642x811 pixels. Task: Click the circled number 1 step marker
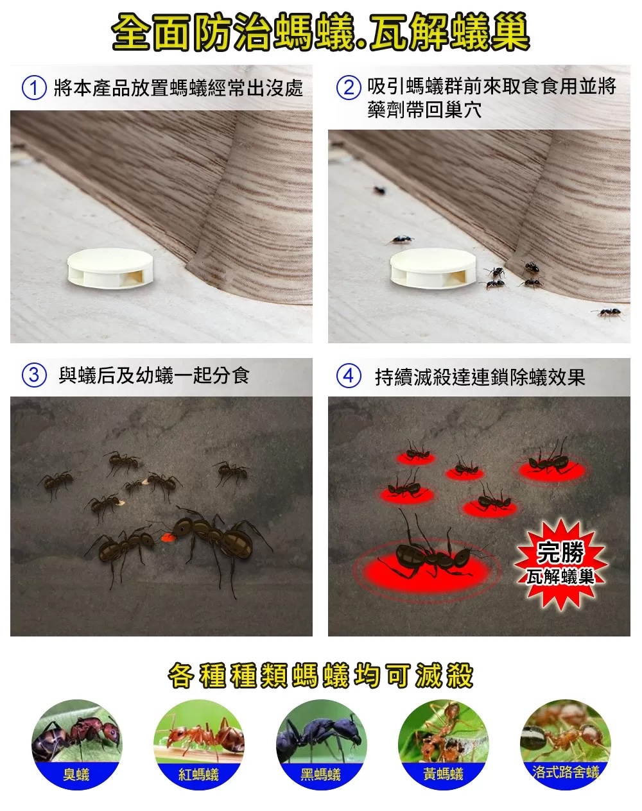tap(34, 87)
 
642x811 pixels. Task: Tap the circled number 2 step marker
tap(349, 87)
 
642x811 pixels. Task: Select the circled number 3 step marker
tap(34, 375)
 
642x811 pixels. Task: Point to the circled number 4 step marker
tap(349, 375)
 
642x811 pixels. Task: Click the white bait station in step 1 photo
tap(110, 268)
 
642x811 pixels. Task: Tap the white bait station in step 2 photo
tap(433, 268)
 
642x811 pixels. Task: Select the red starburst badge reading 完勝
tap(560, 564)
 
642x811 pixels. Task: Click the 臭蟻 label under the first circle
tap(76, 774)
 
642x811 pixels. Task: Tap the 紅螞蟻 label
tap(199, 774)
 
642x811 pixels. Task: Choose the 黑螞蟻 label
tap(320, 774)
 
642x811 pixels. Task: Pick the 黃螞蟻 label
tap(443, 774)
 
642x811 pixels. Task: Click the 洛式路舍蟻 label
tap(566, 772)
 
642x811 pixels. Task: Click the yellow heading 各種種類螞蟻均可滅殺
tap(320, 676)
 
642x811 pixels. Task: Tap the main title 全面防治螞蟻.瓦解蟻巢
tap(320, 31)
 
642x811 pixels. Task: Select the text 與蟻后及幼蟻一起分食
tap(154, 376)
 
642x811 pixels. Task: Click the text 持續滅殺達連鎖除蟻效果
tap(480, 377)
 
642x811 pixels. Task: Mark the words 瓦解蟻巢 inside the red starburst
tap(560, 577)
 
